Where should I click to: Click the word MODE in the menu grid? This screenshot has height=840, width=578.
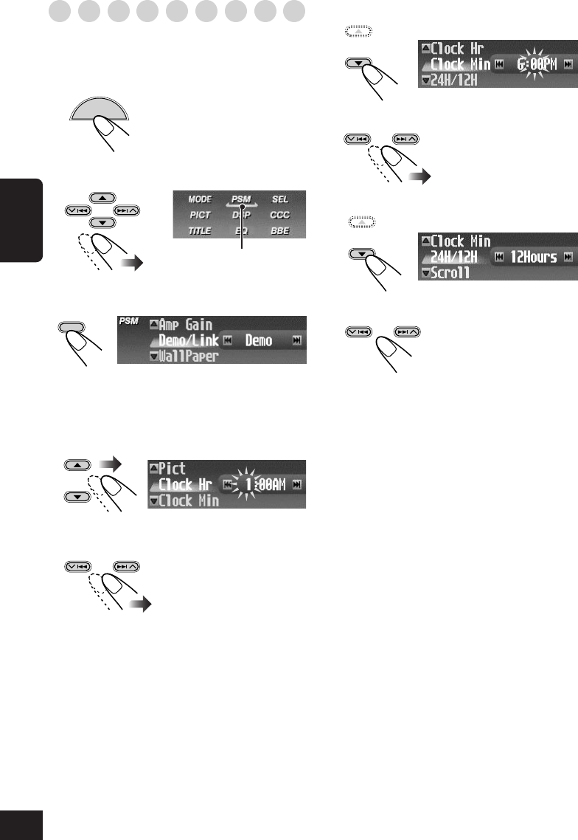pos(200,199)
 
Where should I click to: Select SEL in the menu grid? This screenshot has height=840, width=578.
pos(280,199)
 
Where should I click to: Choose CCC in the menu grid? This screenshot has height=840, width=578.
pos(280,215)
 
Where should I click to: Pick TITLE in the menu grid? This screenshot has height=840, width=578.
pos(200,230)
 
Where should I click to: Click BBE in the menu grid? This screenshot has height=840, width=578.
pos(280,230)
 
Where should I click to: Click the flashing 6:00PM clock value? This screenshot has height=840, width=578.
pos(531,65)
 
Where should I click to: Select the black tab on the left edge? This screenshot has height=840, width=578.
pos(21,218)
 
